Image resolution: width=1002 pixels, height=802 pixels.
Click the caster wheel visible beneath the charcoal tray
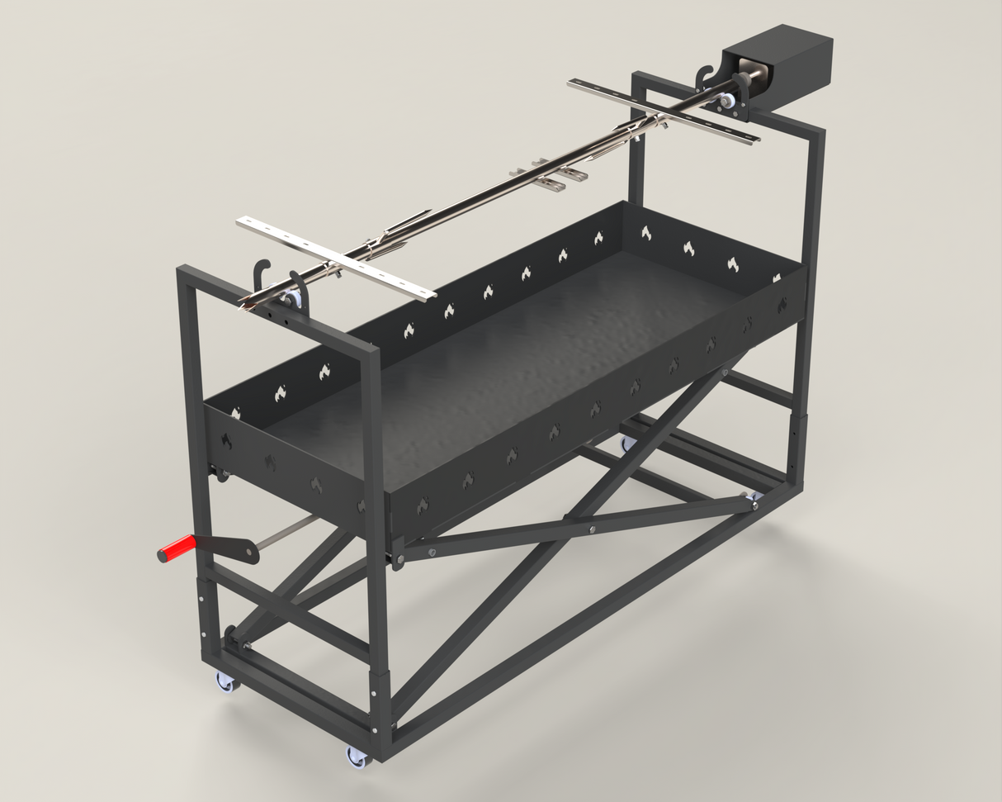628,444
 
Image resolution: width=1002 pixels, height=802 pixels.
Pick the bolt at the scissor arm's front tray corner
399,561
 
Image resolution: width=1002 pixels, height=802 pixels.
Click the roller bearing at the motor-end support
726,102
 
